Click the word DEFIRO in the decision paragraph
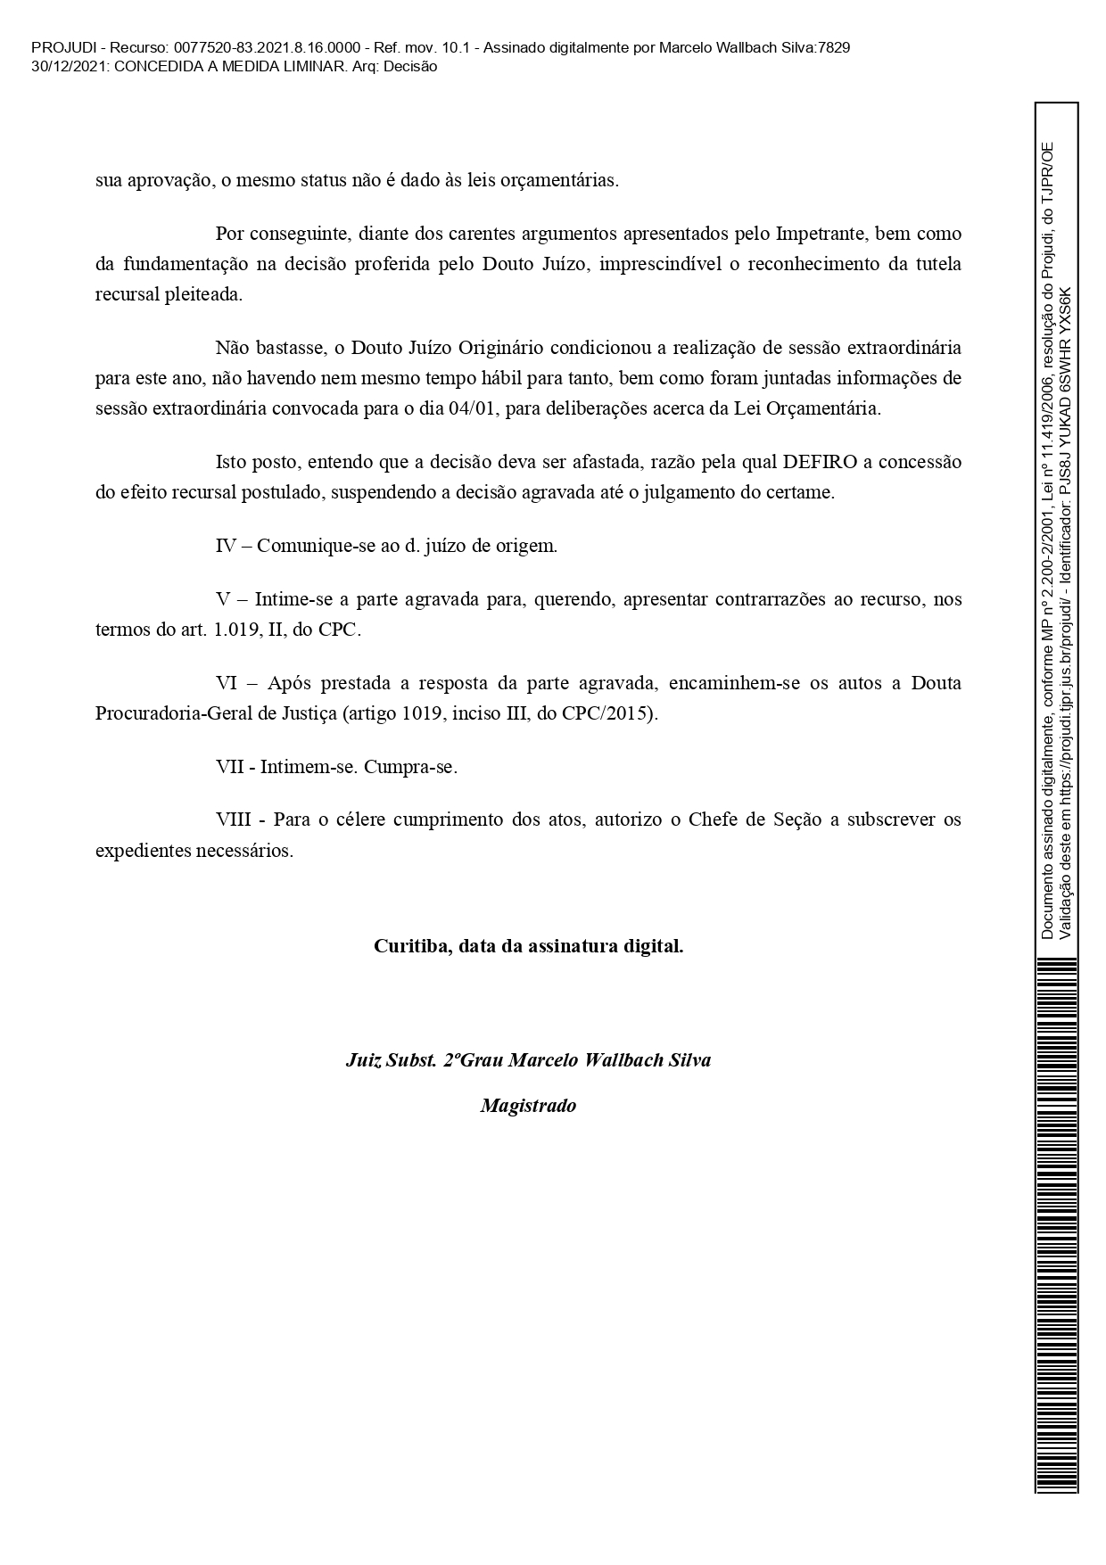pos(820,462)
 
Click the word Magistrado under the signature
pos(528,1106)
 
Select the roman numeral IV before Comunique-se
pos(226,546)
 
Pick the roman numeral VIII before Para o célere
pos(234,820)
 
